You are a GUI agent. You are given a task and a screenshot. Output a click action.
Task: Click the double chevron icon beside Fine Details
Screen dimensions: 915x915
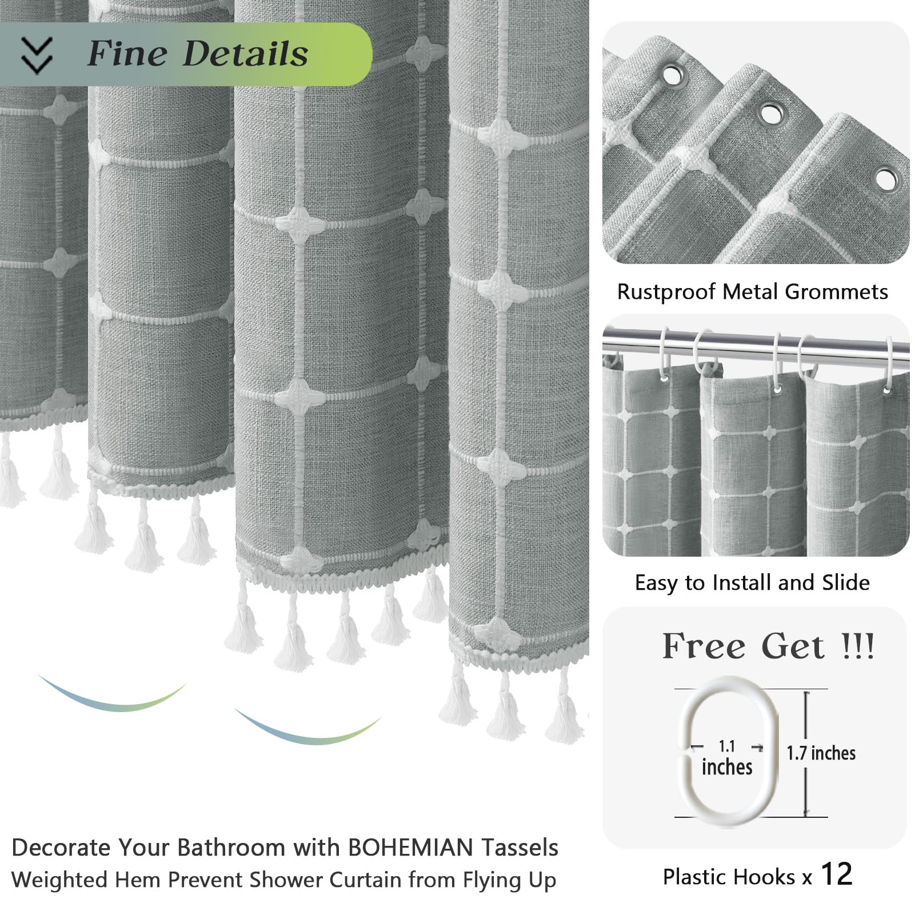click(37, 55)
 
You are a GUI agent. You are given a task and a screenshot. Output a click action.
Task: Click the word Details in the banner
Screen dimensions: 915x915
click(245, 54)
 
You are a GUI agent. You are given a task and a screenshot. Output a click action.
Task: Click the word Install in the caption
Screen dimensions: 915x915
click(739, 583)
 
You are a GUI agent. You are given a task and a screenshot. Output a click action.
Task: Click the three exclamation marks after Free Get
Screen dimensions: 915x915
click(857, 646)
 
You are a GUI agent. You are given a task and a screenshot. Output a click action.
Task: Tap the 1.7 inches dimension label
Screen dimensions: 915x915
click(821, 753)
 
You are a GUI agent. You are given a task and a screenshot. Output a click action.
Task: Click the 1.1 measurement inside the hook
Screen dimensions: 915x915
click(726, 746)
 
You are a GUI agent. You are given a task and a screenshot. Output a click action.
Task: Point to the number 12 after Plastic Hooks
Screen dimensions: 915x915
click(836, 874)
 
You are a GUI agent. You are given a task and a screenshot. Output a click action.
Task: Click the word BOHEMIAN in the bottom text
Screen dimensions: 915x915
click(410, 848)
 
